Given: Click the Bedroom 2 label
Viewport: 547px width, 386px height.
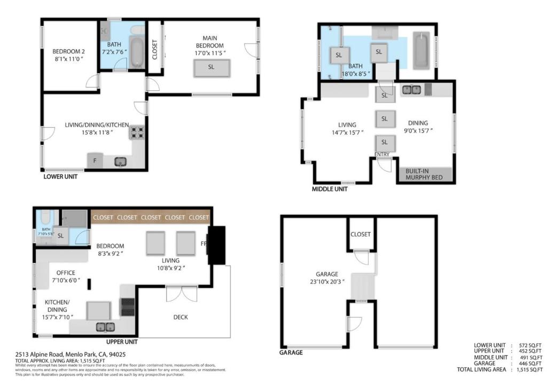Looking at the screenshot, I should [68, 51].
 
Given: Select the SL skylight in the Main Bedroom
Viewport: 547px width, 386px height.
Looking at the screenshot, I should [211, 67].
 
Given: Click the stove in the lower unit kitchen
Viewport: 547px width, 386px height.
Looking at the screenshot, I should [136, 132].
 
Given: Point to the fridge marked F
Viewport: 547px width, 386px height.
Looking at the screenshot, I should [95, 161].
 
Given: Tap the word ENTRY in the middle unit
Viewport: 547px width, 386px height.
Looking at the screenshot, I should [381, 154].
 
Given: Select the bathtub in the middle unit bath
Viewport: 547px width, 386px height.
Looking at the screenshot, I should [421, 50].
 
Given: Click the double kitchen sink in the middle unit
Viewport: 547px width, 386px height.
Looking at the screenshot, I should [411, 90].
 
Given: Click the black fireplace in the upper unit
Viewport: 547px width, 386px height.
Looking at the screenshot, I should [216, 245].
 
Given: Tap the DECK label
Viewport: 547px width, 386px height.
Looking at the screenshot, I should [181, 317].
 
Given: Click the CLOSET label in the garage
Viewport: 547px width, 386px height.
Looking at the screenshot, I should [361, 234].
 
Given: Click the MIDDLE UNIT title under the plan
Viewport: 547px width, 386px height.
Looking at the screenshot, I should [330, 189].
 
